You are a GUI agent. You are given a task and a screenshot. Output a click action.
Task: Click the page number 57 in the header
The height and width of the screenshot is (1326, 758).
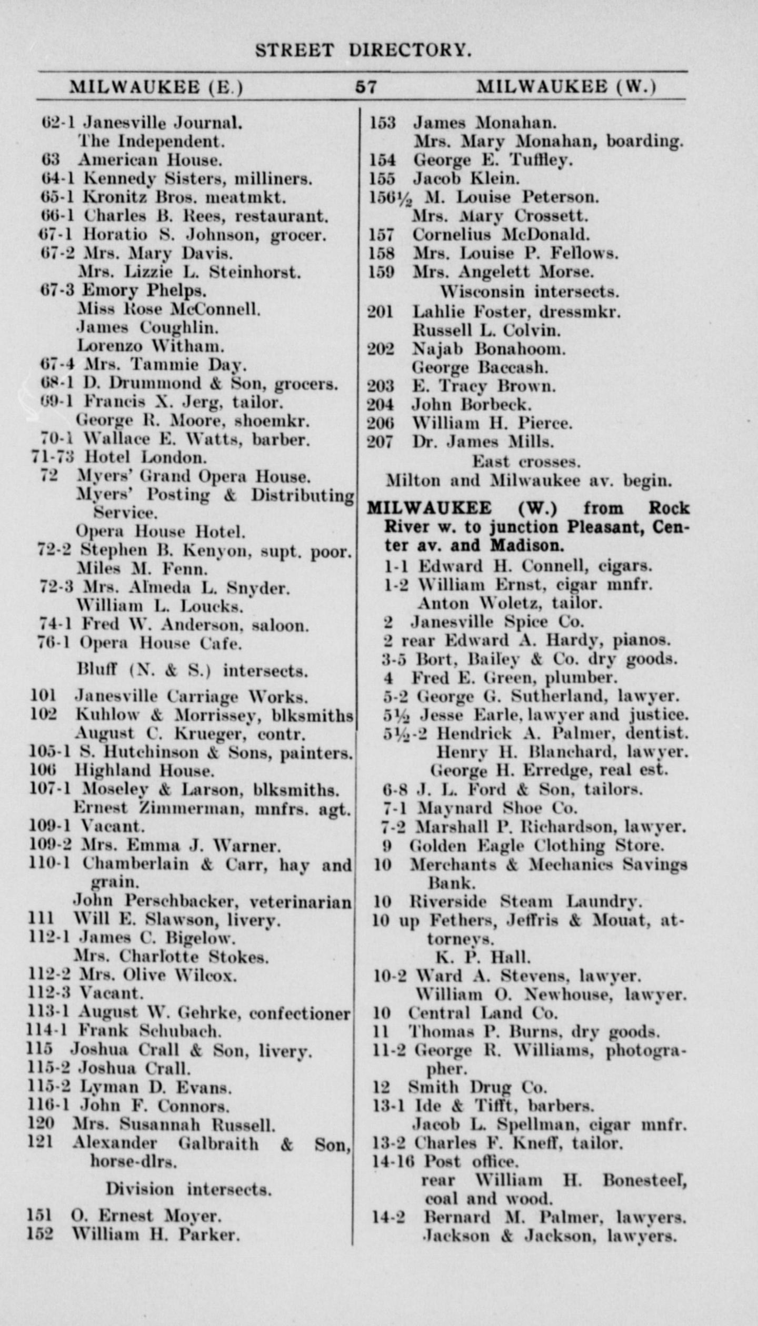(x=366, y=86)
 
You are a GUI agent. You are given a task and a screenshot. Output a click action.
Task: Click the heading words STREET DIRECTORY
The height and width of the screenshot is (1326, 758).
(x=363, y=50)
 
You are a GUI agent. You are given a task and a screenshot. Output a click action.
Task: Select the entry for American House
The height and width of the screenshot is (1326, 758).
(x=150, y=159)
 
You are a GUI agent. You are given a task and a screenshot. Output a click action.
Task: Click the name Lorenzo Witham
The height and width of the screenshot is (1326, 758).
(x=151, y=346)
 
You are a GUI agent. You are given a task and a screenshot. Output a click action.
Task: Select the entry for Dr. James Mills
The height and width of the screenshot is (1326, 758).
(x=483, y=441)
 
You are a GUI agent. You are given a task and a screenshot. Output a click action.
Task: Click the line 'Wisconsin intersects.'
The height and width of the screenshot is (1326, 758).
(x=530, y=291)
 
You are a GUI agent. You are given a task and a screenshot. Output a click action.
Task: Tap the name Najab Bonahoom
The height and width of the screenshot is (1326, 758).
(x=488, y=349)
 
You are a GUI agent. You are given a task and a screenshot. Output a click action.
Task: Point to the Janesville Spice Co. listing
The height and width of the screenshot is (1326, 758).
(x=497, y=622)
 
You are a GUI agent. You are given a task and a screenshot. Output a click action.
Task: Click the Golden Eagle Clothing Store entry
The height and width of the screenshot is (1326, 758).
(x=536, y=846)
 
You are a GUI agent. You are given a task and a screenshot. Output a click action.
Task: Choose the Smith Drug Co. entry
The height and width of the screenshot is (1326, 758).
(x=477, y=1087)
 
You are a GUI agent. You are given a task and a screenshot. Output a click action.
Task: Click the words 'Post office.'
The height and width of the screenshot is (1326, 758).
(x=471, y=1161)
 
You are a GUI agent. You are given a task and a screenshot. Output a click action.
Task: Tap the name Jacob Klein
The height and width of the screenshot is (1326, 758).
(x=466, y=178)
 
